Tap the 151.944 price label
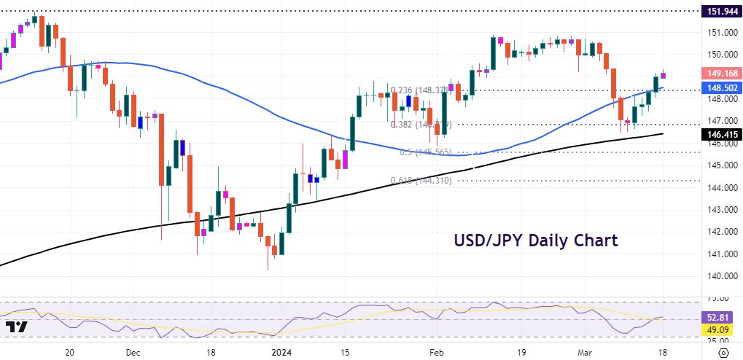(x=720, y=11)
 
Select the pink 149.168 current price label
(x=720, y=73)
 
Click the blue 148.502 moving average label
(x=720, y=87)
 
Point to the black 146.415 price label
(x=720, y=134)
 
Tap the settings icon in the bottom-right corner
(x=722, y=352)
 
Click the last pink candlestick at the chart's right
(x=664, y=75)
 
